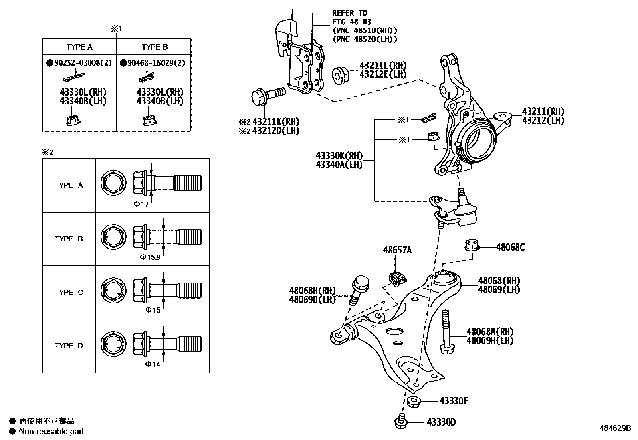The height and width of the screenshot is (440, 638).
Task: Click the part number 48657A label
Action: [397, 251]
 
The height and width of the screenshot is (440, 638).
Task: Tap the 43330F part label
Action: [454, 400]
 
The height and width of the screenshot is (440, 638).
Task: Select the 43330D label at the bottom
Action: [441, 422]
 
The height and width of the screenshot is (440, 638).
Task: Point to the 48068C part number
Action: [510, 247]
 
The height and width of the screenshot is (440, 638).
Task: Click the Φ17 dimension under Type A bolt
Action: [141, 204]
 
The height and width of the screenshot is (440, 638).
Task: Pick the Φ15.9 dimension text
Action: [150, 257]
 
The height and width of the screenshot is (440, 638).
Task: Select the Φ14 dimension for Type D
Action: [153, 364]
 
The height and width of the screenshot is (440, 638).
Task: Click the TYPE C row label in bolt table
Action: [69, 292]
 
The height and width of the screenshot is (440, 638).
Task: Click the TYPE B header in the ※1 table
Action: [154, 47]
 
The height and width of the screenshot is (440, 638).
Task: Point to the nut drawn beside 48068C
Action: [472, 244]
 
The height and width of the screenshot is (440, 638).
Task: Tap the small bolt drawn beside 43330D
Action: [401, 422]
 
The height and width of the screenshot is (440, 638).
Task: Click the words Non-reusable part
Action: [51, 431]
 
